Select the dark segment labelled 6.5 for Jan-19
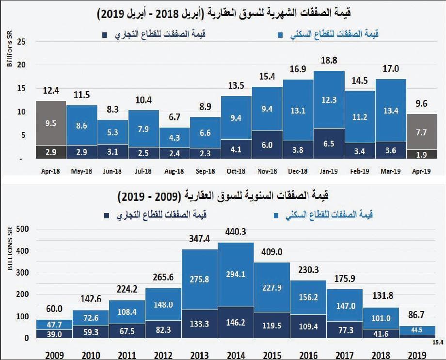(x=329, y=144)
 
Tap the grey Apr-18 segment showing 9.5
(x=51, y=123)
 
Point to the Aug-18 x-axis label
(x=175, y=171)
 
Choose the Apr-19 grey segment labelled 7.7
(x=421, y=131)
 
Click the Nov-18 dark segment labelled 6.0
(x=267, y=145)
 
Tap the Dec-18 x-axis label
(x=298, y=171)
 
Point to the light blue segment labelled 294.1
(x=236, y=274)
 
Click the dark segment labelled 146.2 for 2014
(x=236, y=322)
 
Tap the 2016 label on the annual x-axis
(x=308, y=355)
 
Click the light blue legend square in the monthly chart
(x=280, y=35)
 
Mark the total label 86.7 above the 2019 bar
(x=417, y=315)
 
